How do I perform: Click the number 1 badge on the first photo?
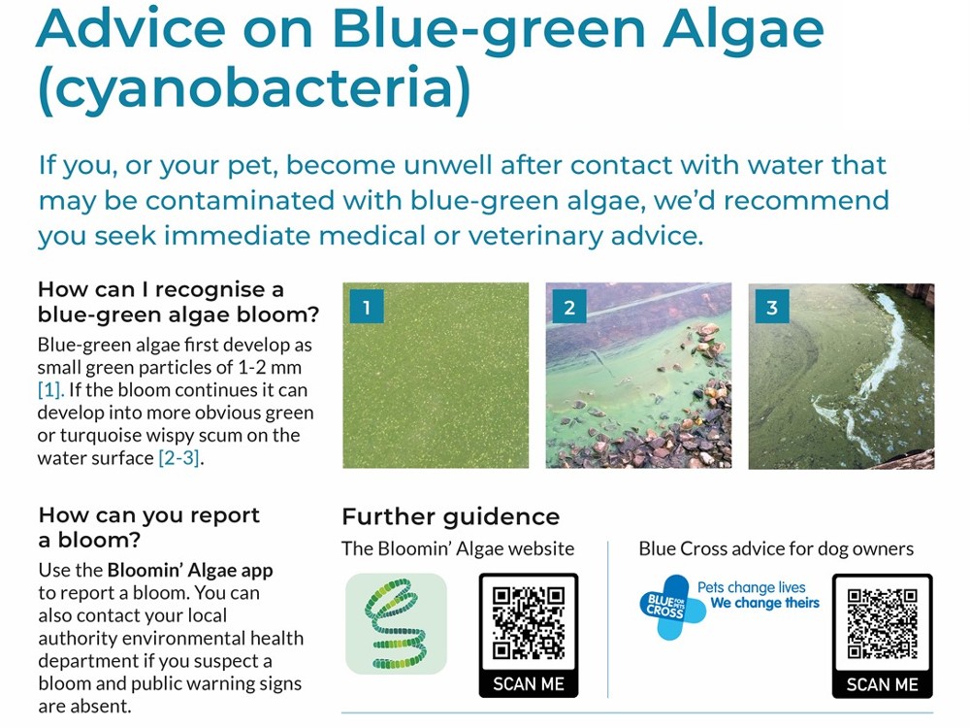[x=367, y=307]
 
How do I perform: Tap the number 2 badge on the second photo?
[x=569, y=307]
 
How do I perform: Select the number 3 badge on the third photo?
[x=772, y=307]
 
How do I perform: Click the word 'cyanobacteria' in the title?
[x=254, y=88]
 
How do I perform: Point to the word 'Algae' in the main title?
[x=743, y=28]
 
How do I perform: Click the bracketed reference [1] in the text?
[x=50, y=390]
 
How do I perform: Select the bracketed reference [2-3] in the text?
[x=179, y=458]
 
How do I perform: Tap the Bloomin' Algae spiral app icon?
[x=396, y=624]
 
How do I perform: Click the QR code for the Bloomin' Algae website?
[x=529, y=623]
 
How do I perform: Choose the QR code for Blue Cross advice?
[x=882, y=623]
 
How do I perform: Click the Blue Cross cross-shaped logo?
[x=669, y=608]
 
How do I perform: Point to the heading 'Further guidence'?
[x=451, y=516]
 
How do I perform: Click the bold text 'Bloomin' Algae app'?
[x=190, y=570]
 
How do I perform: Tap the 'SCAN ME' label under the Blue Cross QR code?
[x=882, y=684]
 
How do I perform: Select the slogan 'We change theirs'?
[x=764, y=603]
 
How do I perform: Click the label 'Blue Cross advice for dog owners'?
[x=776, y=548]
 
